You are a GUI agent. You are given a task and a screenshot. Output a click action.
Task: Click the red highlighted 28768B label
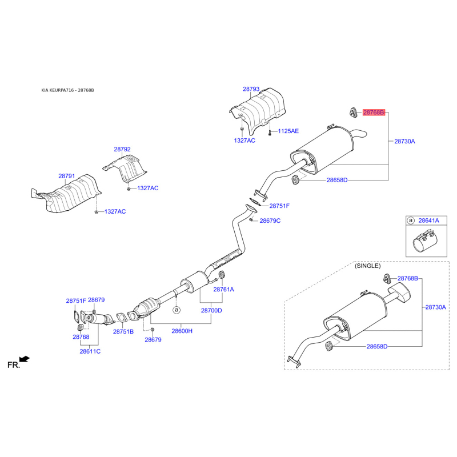[x=374, y=113]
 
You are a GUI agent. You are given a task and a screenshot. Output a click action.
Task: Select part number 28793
[x=251, y=89]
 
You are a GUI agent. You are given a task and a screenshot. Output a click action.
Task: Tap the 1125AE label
[x=288, y=131]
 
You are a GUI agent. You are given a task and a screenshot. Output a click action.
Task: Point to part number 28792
[x=122, y=149]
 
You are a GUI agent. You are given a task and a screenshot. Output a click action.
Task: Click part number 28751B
[x=123, y=331]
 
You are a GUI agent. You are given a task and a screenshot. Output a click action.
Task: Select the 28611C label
[x=90, y=351]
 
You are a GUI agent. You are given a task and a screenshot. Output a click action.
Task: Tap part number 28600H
[x=182, y=331]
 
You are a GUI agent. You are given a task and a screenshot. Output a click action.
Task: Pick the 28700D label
[x=211, y=310]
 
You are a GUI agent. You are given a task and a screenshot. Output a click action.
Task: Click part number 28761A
[x=224, y=289]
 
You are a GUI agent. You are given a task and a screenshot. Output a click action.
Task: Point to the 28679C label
[x=270, y=221]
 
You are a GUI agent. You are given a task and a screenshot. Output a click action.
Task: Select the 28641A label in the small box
[x=428, y=219]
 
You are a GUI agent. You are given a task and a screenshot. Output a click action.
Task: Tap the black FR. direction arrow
[x=24, y=359]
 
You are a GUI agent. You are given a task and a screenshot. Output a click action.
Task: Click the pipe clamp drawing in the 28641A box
[x=424, y=242]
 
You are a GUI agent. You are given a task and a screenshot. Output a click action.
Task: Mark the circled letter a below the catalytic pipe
[x=177, y=310]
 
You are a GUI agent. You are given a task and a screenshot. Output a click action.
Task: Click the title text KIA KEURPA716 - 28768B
[x=67, y=90]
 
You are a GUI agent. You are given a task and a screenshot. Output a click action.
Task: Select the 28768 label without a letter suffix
[x=81, y=337]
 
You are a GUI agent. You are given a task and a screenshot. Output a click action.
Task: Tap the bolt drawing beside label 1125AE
[x=269, y=131]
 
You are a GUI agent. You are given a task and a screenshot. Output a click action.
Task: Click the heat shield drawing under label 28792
[x=125, y=168]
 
